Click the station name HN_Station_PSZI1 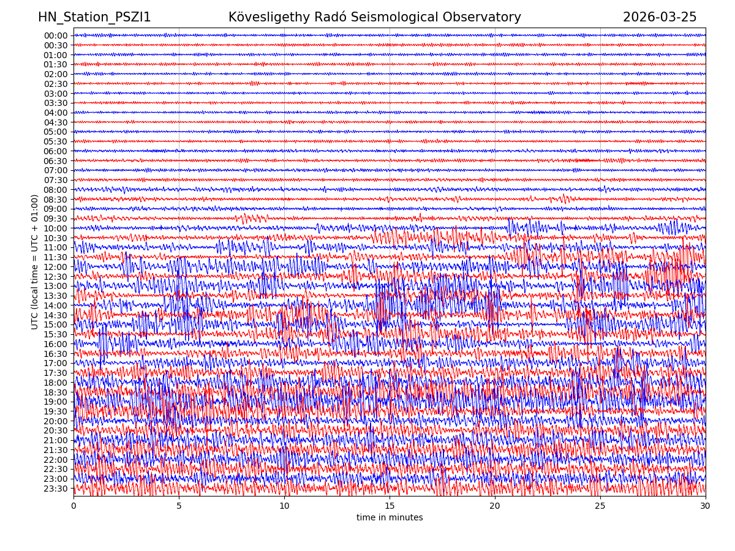pyautogui.click(x=94, y=17)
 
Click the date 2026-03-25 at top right pyautogui.click(x=660, y=17)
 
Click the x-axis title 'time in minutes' pyautogui.click(x=390, y=517)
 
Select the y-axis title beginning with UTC pyautogui.click(x=35, y=261)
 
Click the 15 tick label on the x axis pyautogui.click(x=390, y=506)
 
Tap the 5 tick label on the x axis pyautogui.click(x=179, y=506)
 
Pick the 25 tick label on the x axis pyautogui.click(x=600, y=506)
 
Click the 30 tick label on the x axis pyautogui.click(x=706, y=506)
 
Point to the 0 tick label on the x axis pyautogui.click(x=73, y=506)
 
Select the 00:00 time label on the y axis pyautogui.click(x=56, y=36)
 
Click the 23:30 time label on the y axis pyautogui.click(x=56, y=489)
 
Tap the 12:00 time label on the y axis pyautogui.click(x=56, y=267)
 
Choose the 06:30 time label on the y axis pyautogui.click(x=56, y=161)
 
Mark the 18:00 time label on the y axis pyautogui.click(x=56, y=383)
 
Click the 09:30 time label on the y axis pyautogui.click(x=56, y=219)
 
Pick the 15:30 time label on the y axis pyautogui.click(x=56, y=334)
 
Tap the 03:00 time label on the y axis pyautogui.click(x=56, y=93)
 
